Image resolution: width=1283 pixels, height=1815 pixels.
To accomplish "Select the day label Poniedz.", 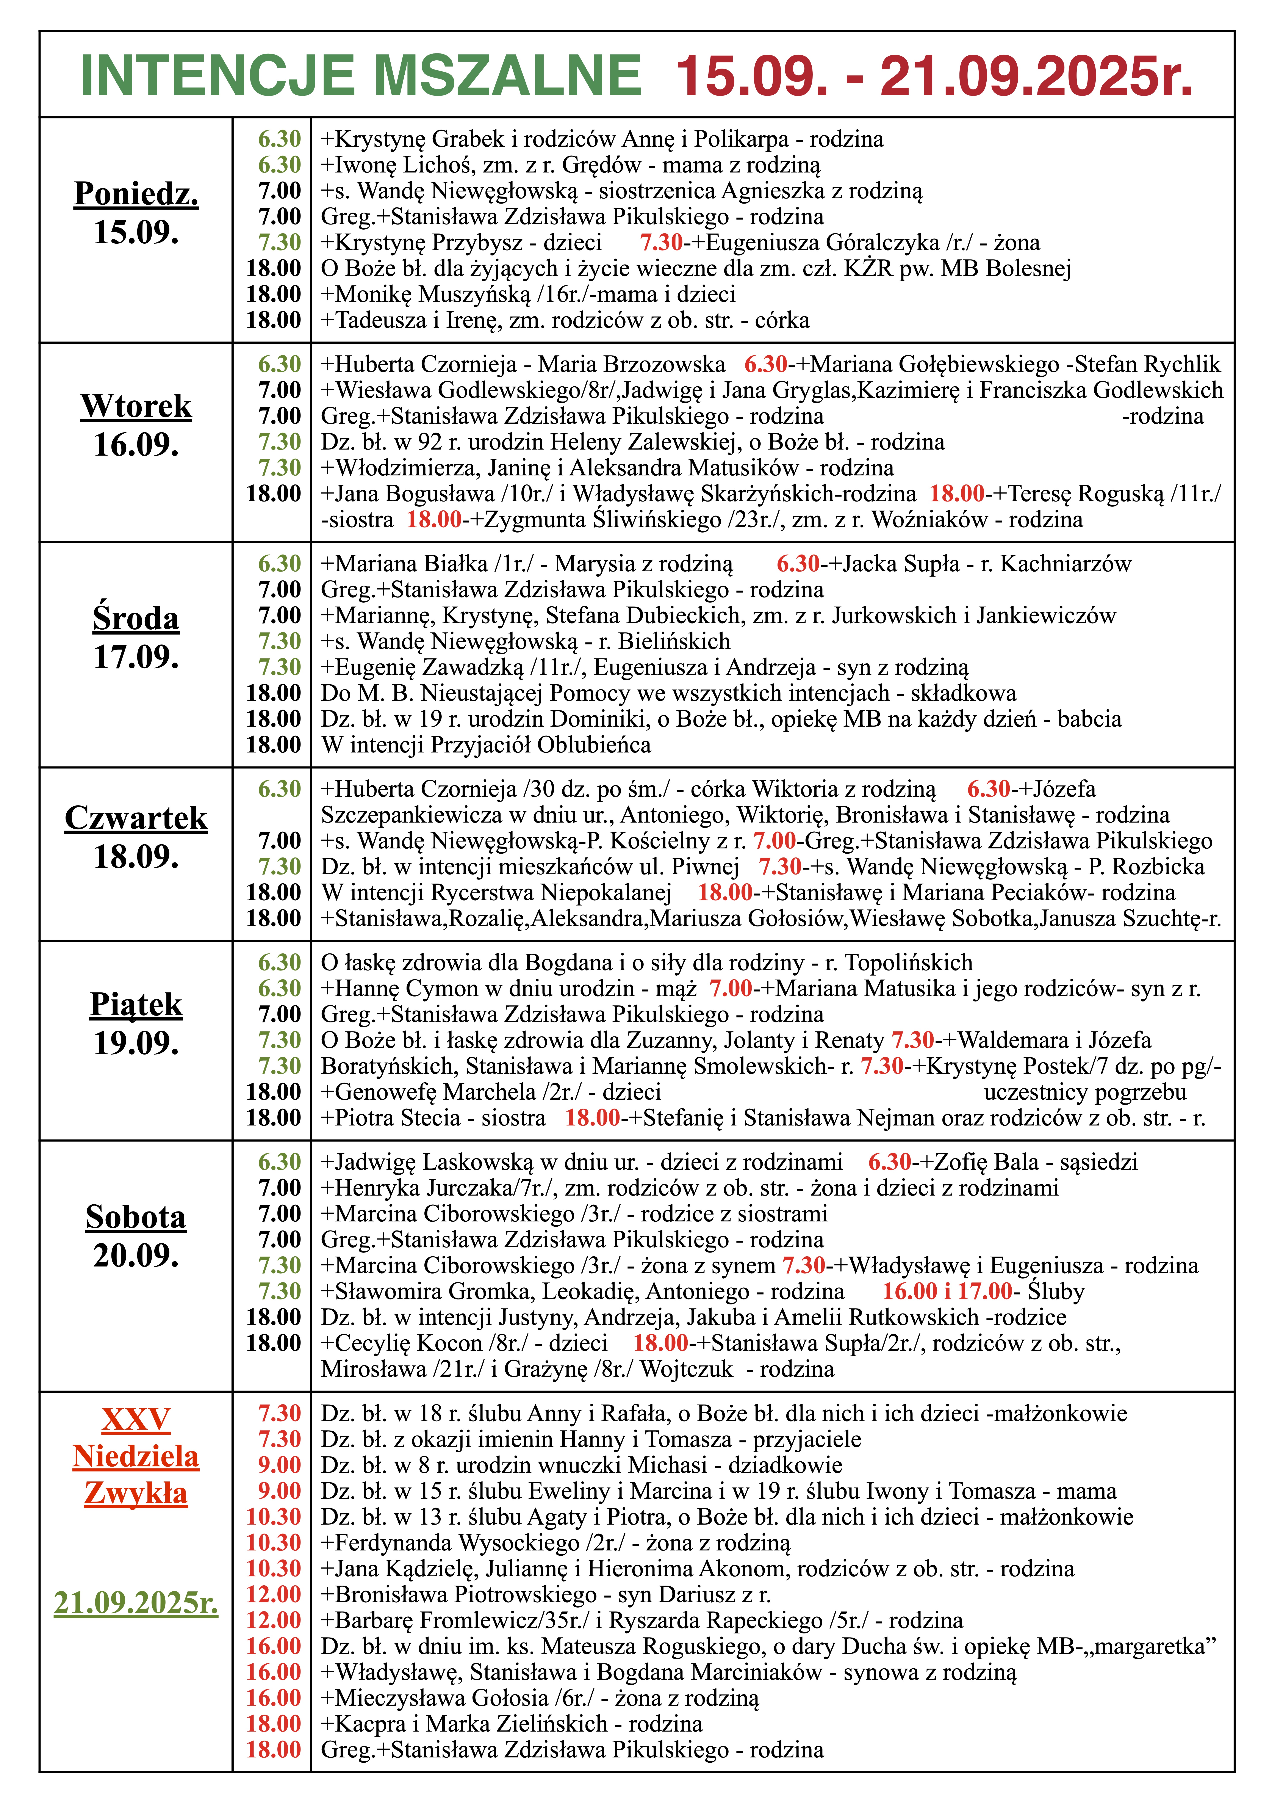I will [x=136, y=194].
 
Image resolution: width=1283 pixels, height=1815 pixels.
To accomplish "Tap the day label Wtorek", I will [x=136, y=406].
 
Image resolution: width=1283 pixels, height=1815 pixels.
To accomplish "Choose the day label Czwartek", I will [x=136, y=818].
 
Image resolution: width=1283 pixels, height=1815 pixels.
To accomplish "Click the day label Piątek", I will [x=136, y=1005].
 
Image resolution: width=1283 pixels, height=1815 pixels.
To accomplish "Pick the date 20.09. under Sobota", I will [x=136, y=1255].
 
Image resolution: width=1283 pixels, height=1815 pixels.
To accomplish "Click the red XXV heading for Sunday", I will [x=136, y=1420].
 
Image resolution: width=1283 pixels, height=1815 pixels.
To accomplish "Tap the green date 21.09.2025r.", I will [x=136, y=1602].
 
